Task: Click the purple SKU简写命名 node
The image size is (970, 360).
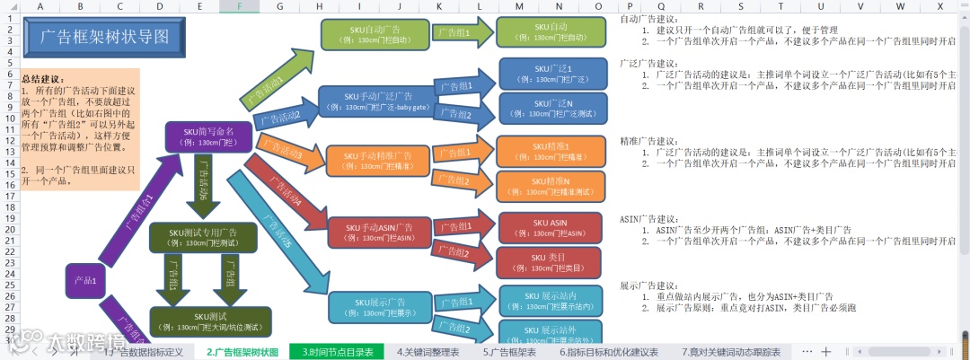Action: click(x=207, y=136)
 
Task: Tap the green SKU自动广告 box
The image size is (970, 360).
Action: click(x=375, y=33)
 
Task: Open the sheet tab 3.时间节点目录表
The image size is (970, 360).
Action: click(x=338, y=352)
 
